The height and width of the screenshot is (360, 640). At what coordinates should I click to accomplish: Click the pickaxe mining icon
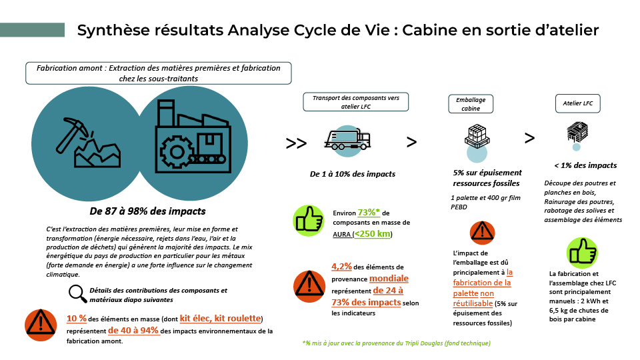88,143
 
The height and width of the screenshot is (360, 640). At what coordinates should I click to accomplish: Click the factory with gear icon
193,136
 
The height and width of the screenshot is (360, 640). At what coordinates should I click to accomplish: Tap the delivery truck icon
347,139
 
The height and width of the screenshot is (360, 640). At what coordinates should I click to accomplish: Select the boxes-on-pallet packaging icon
477,136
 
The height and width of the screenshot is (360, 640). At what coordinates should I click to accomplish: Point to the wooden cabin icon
577,131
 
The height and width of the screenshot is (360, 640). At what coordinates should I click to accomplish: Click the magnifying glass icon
77,293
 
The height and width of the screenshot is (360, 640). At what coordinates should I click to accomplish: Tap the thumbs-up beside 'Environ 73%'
309,221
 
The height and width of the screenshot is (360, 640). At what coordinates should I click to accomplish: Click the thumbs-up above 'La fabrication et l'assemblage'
582,253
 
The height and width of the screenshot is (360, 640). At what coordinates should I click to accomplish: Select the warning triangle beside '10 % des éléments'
41,325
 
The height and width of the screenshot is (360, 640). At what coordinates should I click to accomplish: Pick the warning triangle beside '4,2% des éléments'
309,286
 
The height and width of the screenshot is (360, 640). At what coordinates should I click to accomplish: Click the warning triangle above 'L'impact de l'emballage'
483,233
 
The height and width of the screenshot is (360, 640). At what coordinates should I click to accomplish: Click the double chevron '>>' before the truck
296,143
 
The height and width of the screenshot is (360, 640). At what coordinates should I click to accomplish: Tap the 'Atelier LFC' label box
577,104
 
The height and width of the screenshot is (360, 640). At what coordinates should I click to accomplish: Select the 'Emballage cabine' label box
471,104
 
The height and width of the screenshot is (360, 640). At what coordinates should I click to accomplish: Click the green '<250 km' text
372,234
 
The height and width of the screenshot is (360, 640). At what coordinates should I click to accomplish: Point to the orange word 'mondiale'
389,279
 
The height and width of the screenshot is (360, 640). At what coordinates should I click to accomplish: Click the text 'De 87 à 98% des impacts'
148,211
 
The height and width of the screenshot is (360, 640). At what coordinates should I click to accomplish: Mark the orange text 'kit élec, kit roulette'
221,319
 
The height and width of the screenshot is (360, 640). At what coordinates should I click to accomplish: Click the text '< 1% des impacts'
585,165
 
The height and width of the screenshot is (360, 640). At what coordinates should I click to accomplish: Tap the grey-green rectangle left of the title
32,30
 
